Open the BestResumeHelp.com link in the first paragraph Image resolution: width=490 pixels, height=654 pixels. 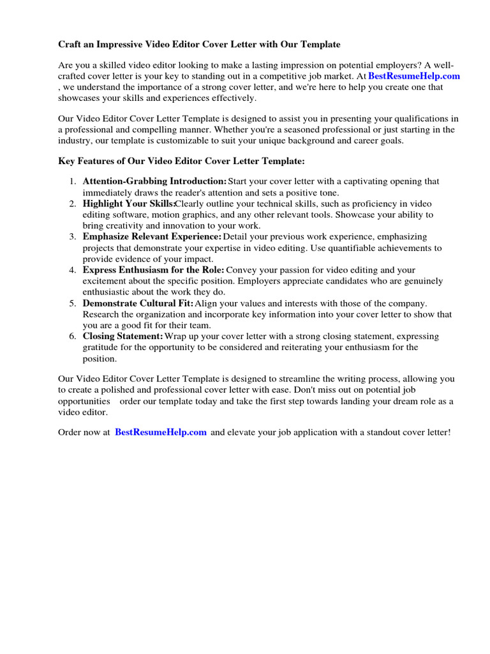click(414, 76)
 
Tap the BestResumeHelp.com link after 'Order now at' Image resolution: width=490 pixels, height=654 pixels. click(161, 432)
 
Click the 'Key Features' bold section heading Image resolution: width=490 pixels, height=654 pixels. click(177, 162)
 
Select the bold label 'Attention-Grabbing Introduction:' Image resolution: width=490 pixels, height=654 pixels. click(154, 181)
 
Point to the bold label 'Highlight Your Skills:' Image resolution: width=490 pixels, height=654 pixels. click(128, 204)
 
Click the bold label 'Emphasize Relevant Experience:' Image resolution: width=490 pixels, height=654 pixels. click(152, 237)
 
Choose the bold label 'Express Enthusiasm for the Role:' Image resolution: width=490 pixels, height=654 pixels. click(153, 270)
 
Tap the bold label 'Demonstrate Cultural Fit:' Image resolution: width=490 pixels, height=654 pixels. click(138, 303)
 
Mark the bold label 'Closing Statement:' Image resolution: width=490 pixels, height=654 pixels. click(122, 337)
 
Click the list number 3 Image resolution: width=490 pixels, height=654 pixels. click(73, 237)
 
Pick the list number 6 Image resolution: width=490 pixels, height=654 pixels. click(73, 337)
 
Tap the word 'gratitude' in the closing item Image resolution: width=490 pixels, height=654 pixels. click(100, 347)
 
